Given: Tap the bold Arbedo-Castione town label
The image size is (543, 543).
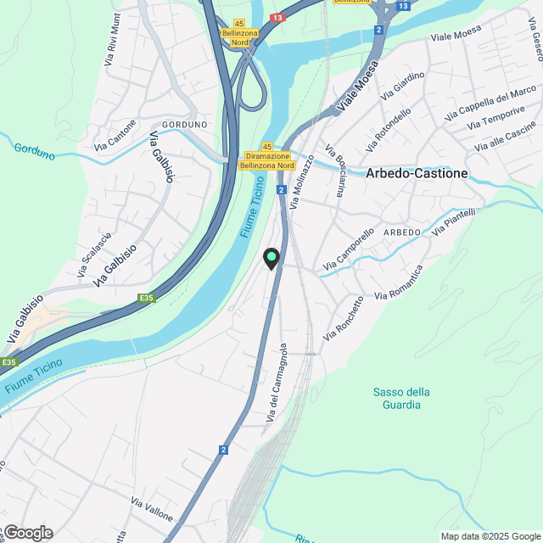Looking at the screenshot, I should [x=417, y=173].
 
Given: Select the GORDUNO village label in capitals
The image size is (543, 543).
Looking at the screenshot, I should [x=184, y=125].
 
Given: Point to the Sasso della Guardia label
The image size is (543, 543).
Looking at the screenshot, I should [x=401, y=398].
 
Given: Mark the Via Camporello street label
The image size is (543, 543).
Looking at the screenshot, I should [x=347, y=252].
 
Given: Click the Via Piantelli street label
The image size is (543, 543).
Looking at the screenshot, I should [x=454, y=222].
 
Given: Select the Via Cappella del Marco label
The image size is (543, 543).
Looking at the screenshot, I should [x=490, y=103].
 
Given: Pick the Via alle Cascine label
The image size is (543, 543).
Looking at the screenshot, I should [x=506, y=137].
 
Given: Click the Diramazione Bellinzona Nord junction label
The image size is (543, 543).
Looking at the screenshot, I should [x=266, y=161].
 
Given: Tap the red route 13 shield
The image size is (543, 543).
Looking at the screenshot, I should [x=277, y=17].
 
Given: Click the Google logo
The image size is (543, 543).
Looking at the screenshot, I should [x=27, y=532].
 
